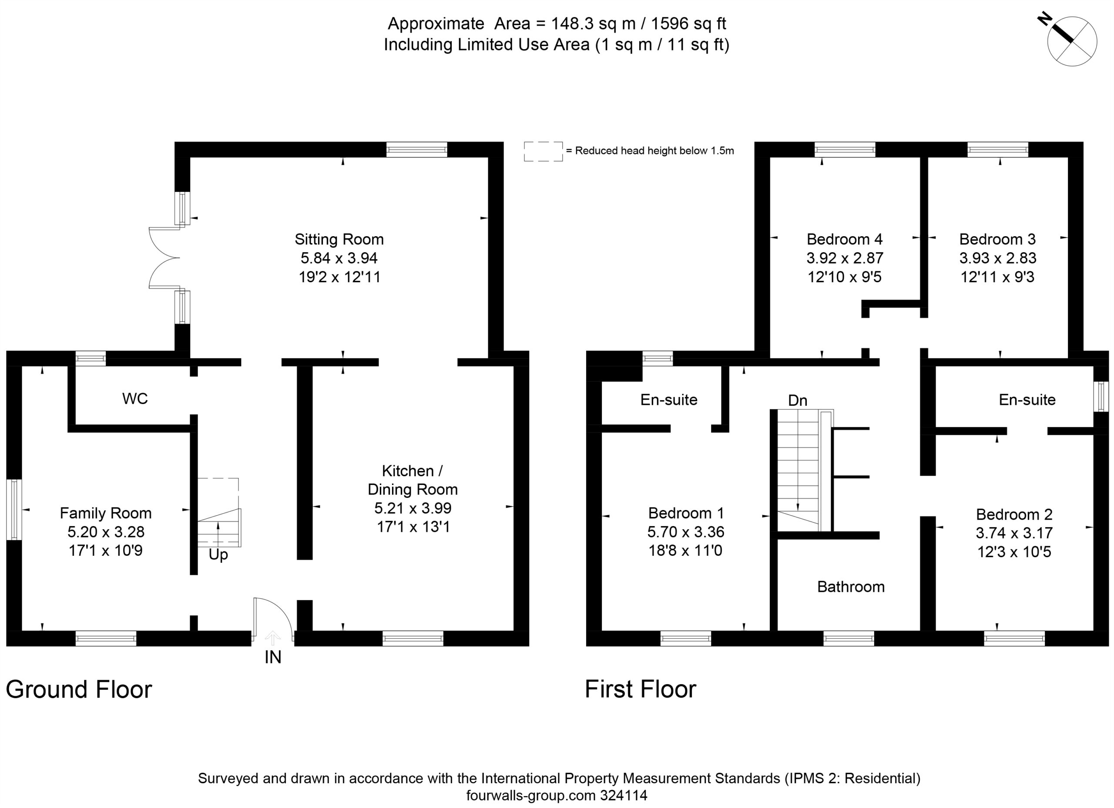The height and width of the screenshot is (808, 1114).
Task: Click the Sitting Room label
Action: (x=339, y=240)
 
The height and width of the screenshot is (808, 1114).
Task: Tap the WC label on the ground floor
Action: (x=135, y=399)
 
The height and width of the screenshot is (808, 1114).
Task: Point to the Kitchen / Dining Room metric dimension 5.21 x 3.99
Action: (x=413, y=508)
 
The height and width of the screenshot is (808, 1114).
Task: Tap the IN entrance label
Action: (x=273, y=657)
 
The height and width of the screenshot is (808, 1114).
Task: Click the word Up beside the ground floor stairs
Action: (x=218, y=555)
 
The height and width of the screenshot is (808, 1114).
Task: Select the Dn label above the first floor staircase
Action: (x=798, y=401)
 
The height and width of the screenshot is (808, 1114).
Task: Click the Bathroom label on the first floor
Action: (x=851, y=587)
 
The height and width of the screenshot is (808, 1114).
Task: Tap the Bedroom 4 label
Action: (x=844, y=240)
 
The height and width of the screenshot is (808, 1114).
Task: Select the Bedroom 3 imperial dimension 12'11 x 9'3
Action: (x=997, y=277)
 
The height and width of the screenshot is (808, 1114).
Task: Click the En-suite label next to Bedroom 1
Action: (x=668, y=400)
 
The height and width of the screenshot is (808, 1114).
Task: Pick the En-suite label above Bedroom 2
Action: (x=1027, y=400)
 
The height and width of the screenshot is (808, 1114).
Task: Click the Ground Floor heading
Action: (x=79, y=689)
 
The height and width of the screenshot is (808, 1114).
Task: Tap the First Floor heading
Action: (x=641, y=689)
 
